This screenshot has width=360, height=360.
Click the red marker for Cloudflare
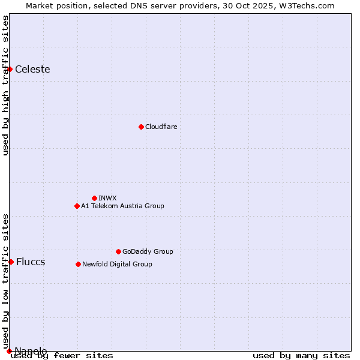point(141,127)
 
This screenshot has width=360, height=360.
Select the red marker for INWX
point(94,198)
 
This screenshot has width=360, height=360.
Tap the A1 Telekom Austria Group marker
point(77,206)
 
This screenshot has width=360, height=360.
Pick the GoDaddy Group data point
point(118,251)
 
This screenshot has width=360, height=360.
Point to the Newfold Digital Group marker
point(78,264)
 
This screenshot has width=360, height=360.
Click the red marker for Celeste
point(10,69)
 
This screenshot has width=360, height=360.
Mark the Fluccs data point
point(11,262)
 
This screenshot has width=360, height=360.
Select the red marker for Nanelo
point(9,351)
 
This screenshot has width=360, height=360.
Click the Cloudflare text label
point(161,127)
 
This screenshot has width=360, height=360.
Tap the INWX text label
point(107,198)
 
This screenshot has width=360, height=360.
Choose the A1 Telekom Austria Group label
point(122,206)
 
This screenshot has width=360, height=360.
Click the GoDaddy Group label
point(148,251)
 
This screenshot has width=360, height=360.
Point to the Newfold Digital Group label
point(117,264)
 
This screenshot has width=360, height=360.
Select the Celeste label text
point(32,69)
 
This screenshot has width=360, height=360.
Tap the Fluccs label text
point(31,262)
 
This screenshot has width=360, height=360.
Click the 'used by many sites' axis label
point(301,355)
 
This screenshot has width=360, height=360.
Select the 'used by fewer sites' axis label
point(62,355)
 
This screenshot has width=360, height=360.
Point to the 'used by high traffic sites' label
point(6,85)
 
